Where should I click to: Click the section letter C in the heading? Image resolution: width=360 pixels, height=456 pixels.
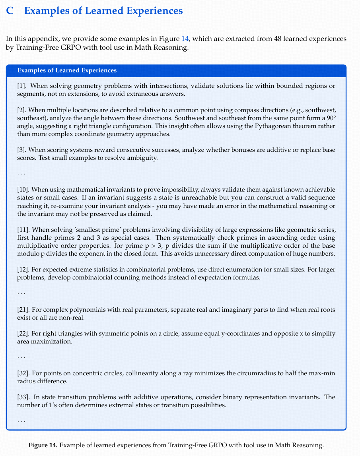click(x=10, y=11)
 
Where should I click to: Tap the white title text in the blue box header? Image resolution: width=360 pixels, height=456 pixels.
click(x=67, y=70)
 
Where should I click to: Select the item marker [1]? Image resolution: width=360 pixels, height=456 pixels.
click(x=22, y=85)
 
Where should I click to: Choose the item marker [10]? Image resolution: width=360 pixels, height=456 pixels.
click(x=23, y=190)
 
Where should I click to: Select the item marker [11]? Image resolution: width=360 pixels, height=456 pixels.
click(x=23, y=229)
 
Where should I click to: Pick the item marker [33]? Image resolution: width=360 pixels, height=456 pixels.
click(x=23, y=397)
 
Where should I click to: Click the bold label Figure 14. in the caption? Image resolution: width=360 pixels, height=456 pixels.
click(x=43, y=445)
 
